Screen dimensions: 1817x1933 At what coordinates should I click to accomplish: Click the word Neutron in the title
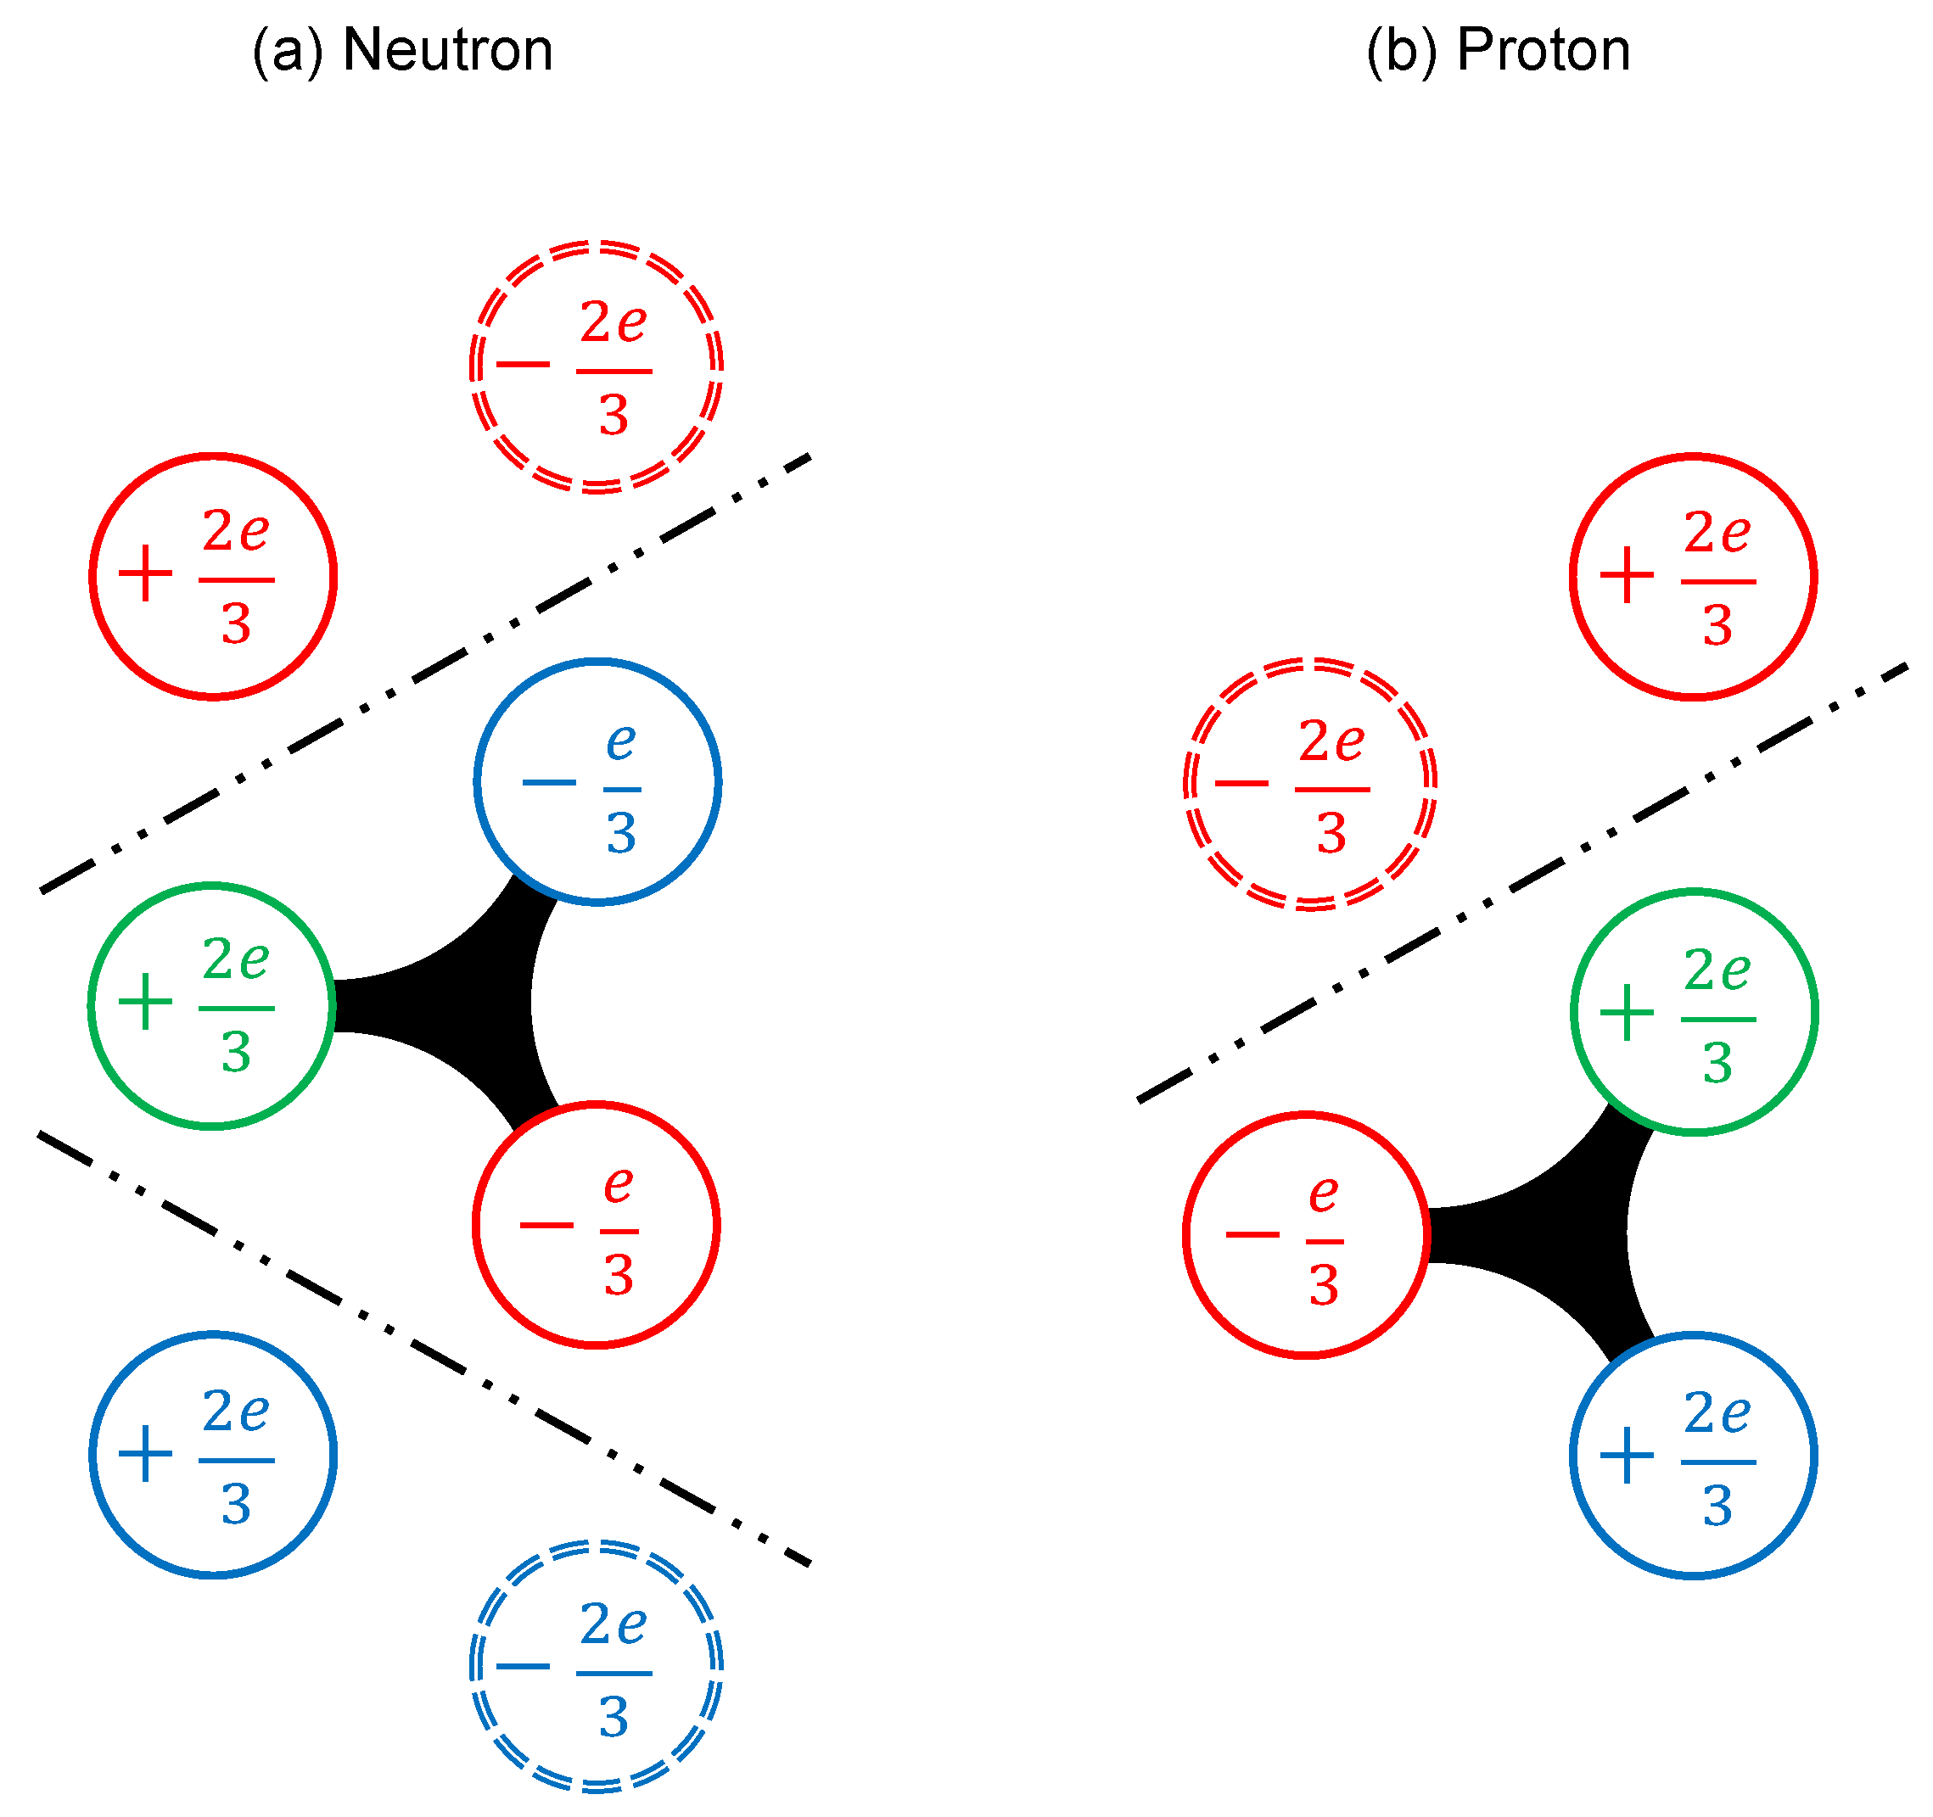448,51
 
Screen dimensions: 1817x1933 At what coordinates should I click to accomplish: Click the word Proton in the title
1544,51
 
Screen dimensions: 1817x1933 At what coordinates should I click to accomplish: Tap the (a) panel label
287,51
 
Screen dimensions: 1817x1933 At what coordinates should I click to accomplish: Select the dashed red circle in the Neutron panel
596,366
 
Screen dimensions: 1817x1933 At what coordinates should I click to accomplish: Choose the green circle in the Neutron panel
212,1005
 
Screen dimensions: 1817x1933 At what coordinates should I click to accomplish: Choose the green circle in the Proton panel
1693,1011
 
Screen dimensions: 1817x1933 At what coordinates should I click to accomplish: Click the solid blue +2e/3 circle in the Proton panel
1693,1455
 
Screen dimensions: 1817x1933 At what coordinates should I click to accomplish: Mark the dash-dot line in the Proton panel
1521,883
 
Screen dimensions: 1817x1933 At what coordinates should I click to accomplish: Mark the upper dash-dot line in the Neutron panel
425,673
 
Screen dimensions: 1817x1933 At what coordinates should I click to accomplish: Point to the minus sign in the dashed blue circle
523,1665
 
